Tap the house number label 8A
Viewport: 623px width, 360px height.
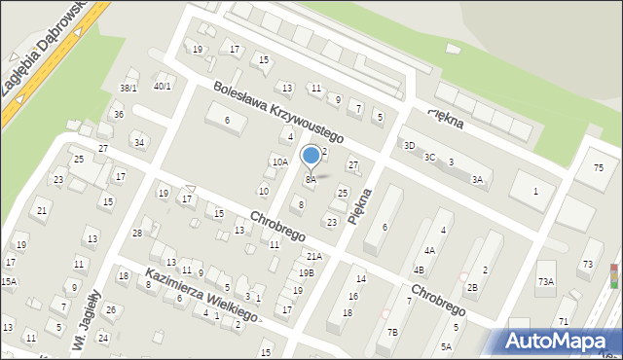click(311, 180)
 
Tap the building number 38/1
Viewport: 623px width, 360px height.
click(128, 89)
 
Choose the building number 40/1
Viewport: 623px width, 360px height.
click(163, 87)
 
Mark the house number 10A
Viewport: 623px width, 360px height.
click(280, 162)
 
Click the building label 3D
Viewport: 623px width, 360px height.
click(409, 146)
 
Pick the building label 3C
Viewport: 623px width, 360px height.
click(429, 157)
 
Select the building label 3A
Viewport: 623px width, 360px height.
click(477, 180)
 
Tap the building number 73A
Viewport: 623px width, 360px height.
click(545, 282)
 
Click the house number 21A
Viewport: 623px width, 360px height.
click(313, 257)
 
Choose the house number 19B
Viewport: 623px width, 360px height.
click(306, 273)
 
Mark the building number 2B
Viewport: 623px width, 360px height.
click(471, 288)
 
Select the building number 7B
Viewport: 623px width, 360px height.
click(391, 332)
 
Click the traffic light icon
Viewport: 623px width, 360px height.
click(613, 276)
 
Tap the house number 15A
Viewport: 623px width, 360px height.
click(8, 282)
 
